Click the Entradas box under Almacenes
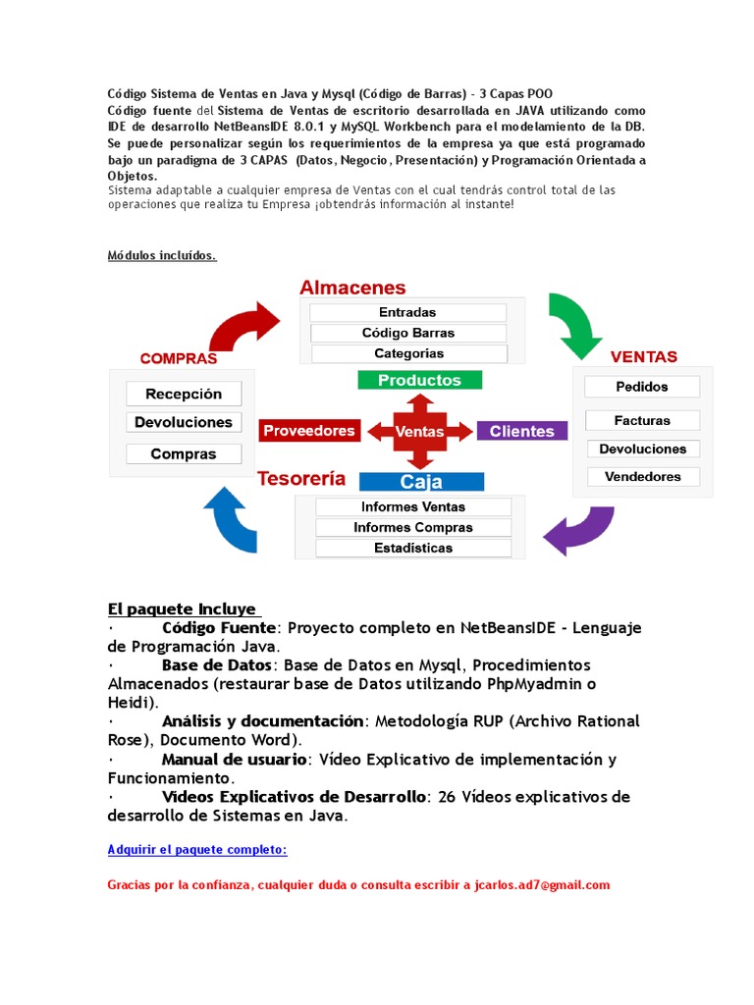point(407,312)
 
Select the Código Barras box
point(407,333)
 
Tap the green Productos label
point(419,380)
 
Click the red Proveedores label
point(309,431)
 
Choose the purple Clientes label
point(521,431)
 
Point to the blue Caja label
point(421,482)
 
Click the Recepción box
point(184,394)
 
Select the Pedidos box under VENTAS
point(642,387)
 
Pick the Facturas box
point(642,420)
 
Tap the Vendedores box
point(642,477)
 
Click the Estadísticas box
point(413,548)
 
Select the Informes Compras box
point(413,527)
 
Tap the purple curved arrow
point(578,530)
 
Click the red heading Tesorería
point(301,479)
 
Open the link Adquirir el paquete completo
point(196,850)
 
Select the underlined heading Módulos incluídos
point(161,256)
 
